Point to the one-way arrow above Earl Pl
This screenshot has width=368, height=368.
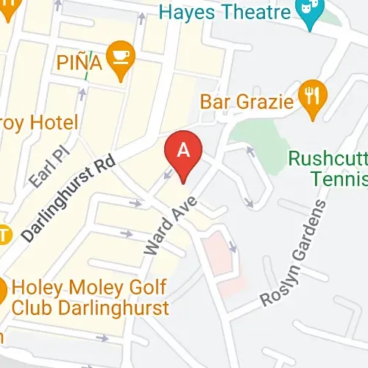pyautogui.click(x=81, y=93)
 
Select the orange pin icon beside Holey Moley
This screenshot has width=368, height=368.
pyautogui.click(x=4, y=291)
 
